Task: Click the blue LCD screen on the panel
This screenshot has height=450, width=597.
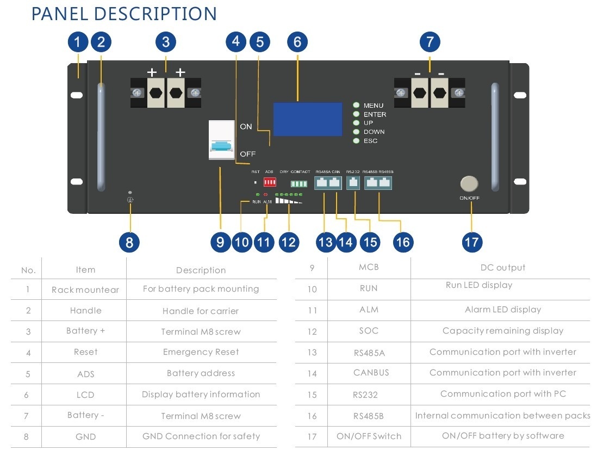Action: [x=298, y=119]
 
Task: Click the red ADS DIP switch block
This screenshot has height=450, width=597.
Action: [x=270, y=182]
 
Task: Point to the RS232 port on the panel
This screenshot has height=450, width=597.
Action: [x=353, y=183]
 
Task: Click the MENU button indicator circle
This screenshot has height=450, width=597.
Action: [x=357, y=106]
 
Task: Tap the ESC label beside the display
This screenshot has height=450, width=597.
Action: [x=370, y=141]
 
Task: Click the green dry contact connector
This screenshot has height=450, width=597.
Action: [x=298, y=184]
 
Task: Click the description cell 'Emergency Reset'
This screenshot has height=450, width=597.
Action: [x=201, y=352]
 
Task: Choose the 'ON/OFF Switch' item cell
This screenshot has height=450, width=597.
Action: [x=369, y=436]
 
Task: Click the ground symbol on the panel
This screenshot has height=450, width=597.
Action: [x=130, y=200]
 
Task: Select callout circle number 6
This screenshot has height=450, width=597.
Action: [x=297, y=42]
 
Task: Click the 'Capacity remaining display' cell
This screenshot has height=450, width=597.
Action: [x=502, y=331]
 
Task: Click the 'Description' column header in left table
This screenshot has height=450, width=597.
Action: [x=201, y=270]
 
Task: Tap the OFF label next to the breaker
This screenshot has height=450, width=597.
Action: [x=247, y=154]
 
